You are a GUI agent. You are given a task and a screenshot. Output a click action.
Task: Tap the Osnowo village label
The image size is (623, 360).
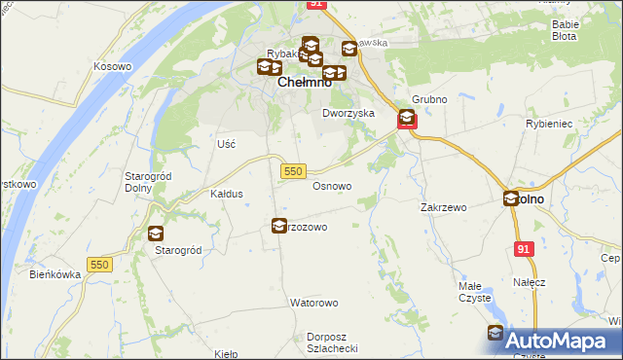pos(331,185)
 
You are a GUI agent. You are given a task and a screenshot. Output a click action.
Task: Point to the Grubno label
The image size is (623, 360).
pos(428,99)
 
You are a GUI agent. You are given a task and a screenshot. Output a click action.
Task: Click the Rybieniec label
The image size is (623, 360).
pos(572,124)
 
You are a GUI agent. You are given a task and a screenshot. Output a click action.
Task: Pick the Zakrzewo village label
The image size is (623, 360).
pos(444,207)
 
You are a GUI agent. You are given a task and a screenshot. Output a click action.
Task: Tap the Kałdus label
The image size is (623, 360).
pos(227,194)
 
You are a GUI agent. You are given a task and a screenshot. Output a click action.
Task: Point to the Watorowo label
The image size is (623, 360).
pos(312,303)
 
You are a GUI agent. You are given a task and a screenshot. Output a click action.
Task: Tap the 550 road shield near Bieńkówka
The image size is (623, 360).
pos(99,265)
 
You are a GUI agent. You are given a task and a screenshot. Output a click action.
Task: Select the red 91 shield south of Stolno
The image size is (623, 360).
pos(525,250)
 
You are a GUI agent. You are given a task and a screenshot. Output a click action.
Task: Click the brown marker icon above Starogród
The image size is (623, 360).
pos(156,234)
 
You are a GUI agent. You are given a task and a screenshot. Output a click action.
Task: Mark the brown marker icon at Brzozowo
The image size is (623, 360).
pos(279,226)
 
